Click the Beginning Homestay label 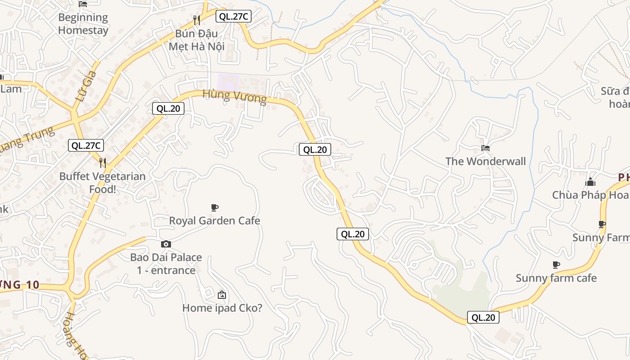point(83,24)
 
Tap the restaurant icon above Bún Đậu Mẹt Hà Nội point(196,20)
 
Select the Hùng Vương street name point(234,96)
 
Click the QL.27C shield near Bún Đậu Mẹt point(233,17)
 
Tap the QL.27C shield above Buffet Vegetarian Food point(86,145)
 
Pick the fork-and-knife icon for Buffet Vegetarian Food point(103,162)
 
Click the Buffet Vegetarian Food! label point(102,182)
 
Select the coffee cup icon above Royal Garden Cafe point(215,207)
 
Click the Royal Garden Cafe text point(215,220)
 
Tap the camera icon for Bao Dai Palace point(166,244)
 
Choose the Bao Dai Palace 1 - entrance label point(166,264)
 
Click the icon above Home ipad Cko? point(221,295)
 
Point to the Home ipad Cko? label point(222,308)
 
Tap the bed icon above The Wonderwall point(485,148)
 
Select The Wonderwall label point(485,161)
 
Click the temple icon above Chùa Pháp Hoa point(590,182)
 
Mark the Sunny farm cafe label point(556,278)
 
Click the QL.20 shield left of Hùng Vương point(168,108)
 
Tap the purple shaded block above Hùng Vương point(229,82)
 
